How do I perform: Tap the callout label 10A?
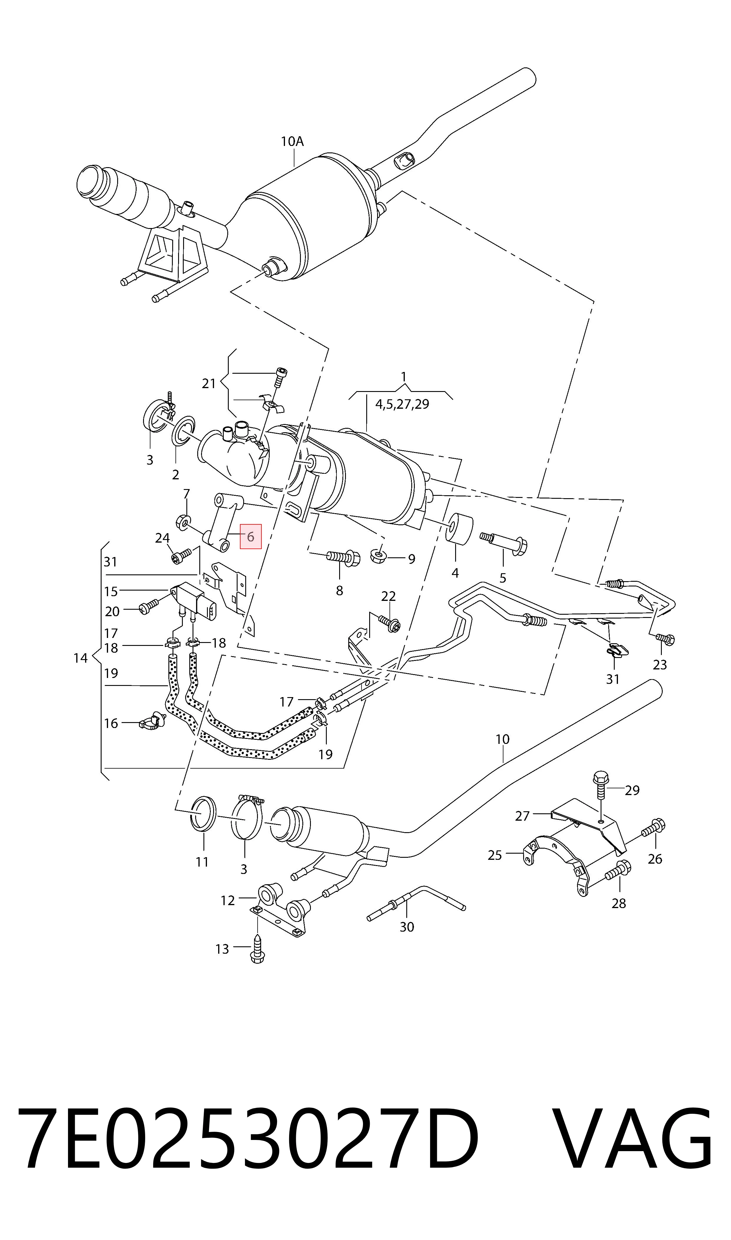tap(292, 142)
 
